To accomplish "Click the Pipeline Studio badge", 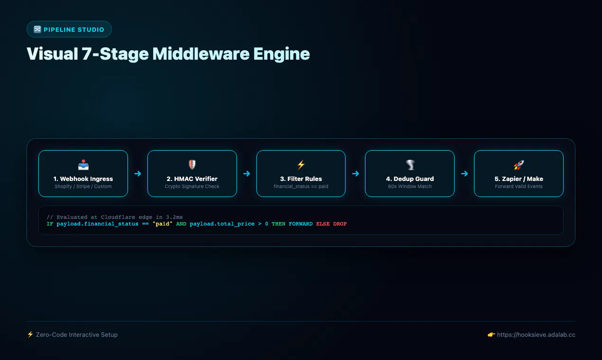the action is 69,29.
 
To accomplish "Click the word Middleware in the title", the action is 201,54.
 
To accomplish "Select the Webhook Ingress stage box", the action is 83,173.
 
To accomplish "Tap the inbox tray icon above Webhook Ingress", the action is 83,165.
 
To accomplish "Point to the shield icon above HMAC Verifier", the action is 192,165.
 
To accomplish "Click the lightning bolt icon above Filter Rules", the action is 301,165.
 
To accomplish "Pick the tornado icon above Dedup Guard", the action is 410,165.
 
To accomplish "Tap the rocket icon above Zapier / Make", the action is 519,165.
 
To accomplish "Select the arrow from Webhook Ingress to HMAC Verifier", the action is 138,173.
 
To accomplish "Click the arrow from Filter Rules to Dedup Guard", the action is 356,173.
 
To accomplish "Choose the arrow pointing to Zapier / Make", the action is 465,173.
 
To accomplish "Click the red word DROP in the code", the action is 340,224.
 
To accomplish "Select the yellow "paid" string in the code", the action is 162,224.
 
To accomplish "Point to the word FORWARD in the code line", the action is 301,224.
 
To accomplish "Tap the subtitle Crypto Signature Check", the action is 192,187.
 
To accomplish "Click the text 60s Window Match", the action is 410,187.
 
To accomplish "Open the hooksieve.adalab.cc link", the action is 536,335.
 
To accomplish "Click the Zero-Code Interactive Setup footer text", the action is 77,335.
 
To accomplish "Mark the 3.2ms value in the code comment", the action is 174,217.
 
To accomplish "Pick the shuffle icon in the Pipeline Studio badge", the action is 37,29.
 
